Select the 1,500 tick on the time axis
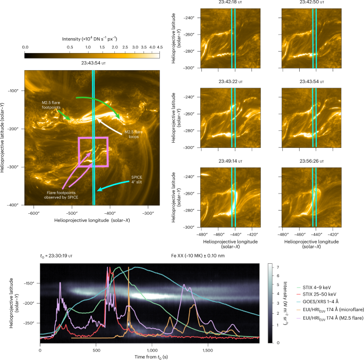click(207, 350)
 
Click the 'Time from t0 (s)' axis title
click(150, 356)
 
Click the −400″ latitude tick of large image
click(14, 205)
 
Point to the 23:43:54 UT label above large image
click(93, 62)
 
